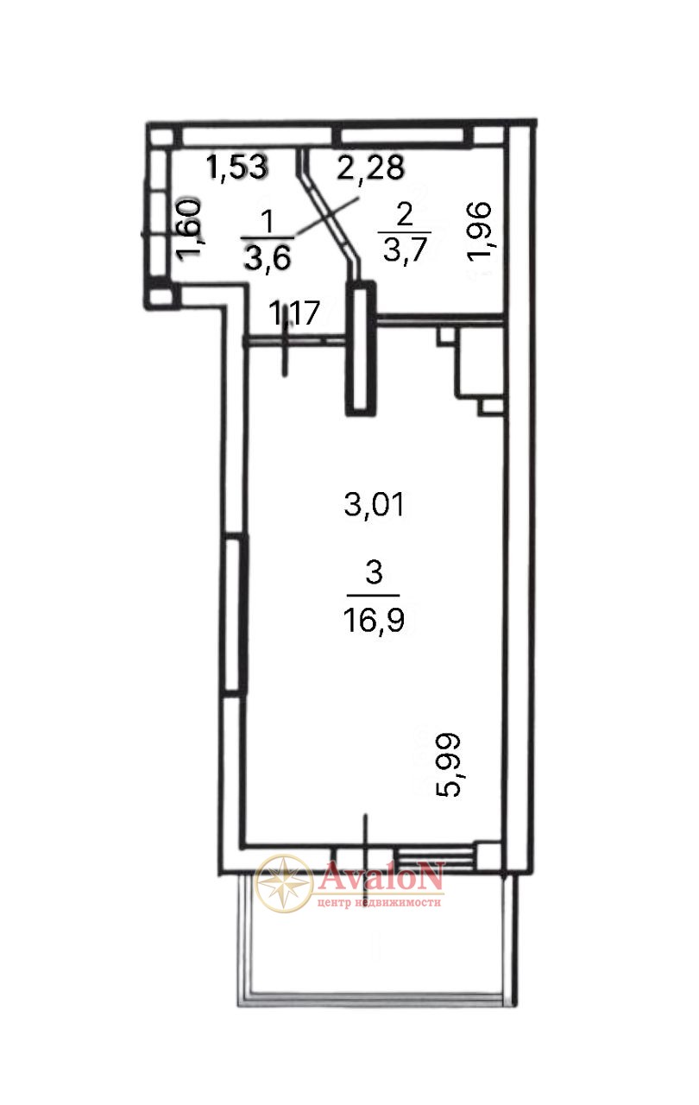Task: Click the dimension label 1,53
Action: tap(236, 167)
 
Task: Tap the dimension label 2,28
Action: tap(371, 167)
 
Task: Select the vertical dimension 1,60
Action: tap(190, 229)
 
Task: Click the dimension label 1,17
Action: tap(294, 313)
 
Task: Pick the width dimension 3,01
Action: tap(375, 505)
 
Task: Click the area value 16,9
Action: tap(375, 620)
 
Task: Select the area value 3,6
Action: tap(268, 257)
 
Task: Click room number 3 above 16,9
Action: tap(375, 572)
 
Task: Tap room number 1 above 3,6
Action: tap(268, 221)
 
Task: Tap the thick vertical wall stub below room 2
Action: tap(361, 348)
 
